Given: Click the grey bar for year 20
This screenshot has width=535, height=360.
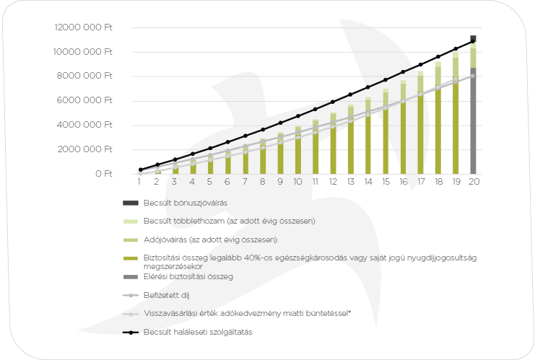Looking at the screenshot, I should click(x=473, y=123).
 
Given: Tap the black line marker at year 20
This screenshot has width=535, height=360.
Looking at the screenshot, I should click(x=473, y=41).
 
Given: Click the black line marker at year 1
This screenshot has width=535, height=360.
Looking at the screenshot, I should click(x=140, y=170).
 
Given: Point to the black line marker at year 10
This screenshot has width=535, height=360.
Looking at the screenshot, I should click(x=297, y=115).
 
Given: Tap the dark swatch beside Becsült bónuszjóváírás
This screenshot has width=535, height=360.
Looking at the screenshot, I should click(x=130, y=203).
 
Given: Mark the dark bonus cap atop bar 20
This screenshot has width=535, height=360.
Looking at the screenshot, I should click(x=473, y=39).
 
